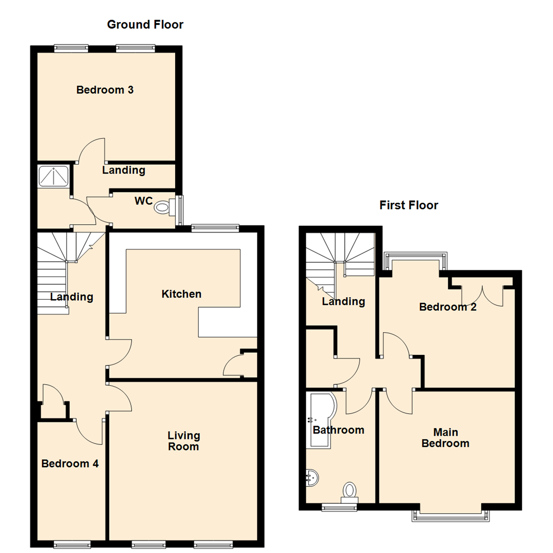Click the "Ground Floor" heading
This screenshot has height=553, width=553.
pos(145,25)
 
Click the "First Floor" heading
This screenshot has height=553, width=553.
pos(409,205)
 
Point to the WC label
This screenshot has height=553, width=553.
pos(143,201)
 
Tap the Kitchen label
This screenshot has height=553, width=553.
pos(181,294)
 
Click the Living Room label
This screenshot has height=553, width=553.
pos(184,441)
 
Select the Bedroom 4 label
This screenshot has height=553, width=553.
pos(70,464)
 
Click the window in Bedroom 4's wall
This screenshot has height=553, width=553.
pos(72,543)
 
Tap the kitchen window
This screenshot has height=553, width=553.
pos(215,228)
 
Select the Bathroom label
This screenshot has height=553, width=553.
pos(338,430)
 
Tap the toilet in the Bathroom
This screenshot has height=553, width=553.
pos(350,491)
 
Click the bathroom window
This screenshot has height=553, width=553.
pos(339,507)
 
